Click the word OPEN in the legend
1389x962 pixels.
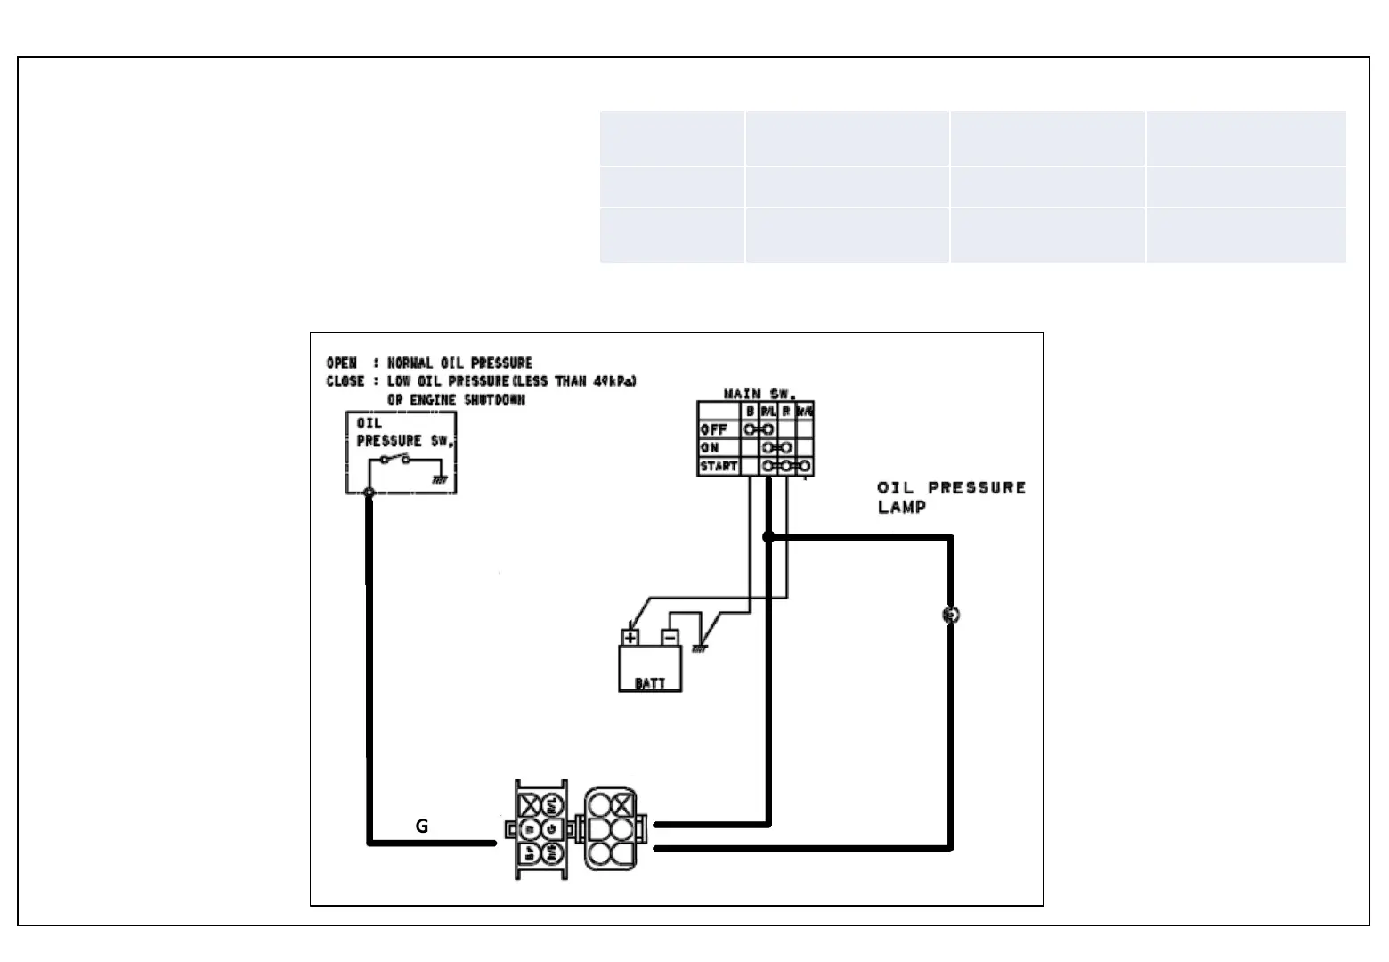tap(342, 363)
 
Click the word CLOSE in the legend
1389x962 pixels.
tap(345, 381)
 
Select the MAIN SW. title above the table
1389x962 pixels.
tap(758, 394)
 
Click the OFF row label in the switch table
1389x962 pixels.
tap(714, 429)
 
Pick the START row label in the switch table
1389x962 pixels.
tap(719, 466)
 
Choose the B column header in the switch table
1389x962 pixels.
tap(751, 412)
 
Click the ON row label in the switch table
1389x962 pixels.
tap(710, 447)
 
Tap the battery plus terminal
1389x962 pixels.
tap(630, 638)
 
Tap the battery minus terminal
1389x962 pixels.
tap(670, 638)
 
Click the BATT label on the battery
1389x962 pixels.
tap(650, 683)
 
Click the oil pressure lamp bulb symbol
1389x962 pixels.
tap(950, 615)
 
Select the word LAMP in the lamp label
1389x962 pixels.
tap(902, 507)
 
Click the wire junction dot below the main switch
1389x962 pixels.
tap(768, 536)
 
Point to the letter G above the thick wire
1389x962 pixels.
tap(422, 827)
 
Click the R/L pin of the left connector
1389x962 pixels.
tap(552, 805)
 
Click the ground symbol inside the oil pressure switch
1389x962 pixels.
tap(439, 478)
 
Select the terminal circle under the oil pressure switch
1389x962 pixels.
tap(370, 493)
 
